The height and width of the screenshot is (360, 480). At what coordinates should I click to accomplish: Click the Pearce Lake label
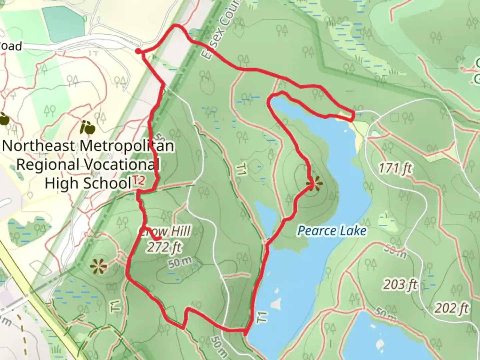pos(332,231)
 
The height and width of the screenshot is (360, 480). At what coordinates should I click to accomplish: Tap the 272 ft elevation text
pos(164,247)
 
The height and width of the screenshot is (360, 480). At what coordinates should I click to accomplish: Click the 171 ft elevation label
pos(395,168)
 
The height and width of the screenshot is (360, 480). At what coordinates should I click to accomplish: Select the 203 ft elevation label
pos(400,284)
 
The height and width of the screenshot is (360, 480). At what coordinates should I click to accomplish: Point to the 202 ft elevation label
pos(451,308)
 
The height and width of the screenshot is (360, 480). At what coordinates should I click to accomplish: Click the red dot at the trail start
pos(138,51)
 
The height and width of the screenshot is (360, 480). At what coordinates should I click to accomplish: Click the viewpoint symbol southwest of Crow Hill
pos(99,266)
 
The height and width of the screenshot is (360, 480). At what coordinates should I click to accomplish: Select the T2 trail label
pos(139,181)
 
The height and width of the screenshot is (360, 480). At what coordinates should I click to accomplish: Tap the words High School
pos(88,183)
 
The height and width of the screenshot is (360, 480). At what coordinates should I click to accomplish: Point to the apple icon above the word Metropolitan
pos(88,127)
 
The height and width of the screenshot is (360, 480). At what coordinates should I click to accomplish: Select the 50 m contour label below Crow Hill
pos(180,263)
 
